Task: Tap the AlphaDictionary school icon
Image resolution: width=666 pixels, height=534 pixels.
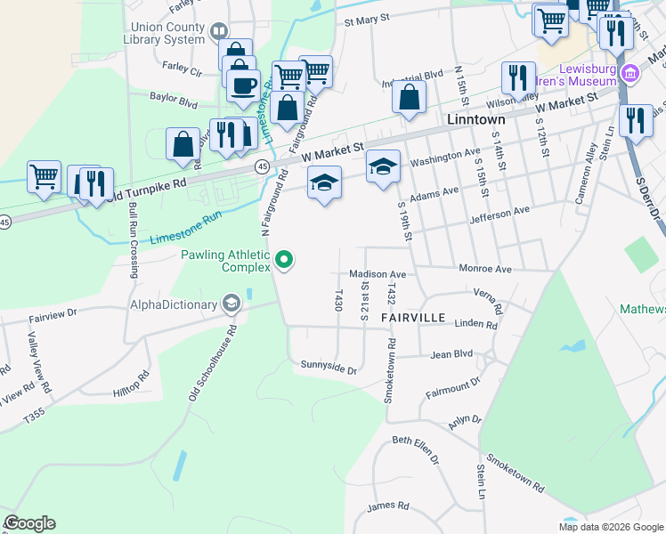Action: tap(231, 304)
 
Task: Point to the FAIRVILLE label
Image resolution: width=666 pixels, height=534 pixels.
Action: tap(412, 317)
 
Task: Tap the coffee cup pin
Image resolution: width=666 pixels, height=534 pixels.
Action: tap(243, 85)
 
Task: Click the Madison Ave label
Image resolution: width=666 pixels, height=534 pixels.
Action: tap(378, 274)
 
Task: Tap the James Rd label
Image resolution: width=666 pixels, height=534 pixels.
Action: tap(388, 506)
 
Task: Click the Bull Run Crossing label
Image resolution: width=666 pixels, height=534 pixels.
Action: tap(134, 240)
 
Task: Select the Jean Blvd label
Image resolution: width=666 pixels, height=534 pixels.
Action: tap(451, 354)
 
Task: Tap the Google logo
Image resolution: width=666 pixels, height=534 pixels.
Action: tap(30, 523)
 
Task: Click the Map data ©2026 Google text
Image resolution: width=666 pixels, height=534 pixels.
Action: tap(611, 527)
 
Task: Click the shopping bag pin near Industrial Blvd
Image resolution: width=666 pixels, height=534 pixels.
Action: tap(409, 96)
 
